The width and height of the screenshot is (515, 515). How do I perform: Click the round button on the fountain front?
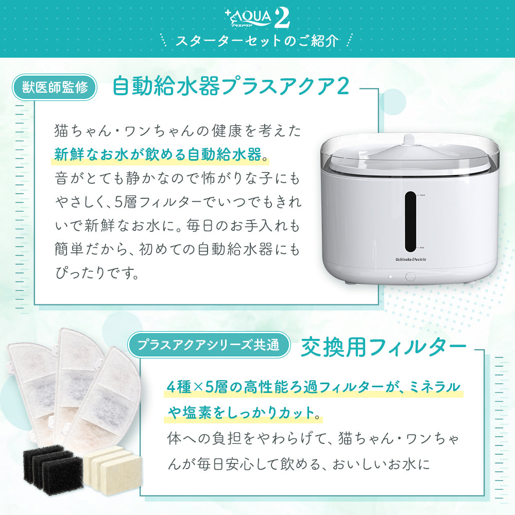tap(410, 276)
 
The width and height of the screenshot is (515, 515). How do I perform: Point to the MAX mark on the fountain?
tap(422, 195)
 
